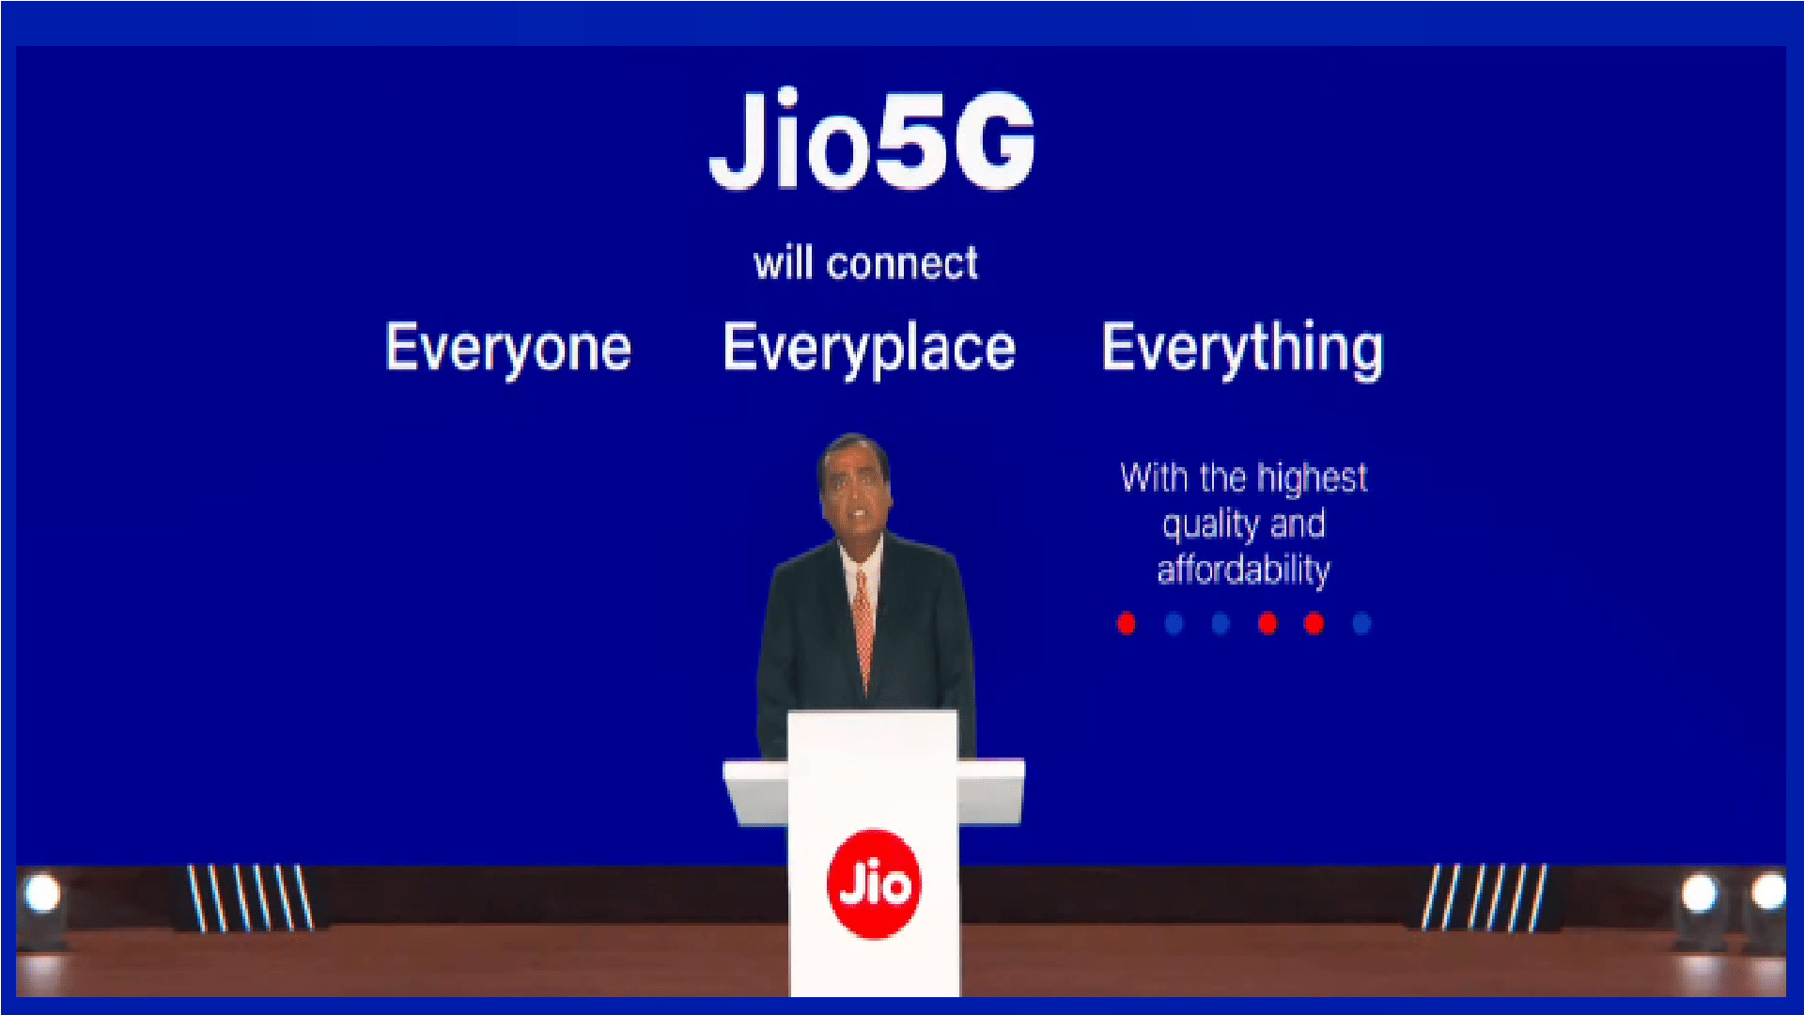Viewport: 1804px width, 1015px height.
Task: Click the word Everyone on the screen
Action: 507,348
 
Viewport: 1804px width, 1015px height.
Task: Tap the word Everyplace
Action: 869,348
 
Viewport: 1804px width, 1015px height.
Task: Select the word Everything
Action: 1242,348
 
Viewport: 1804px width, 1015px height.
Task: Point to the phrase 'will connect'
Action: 865,263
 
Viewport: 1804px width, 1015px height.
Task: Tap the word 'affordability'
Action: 1243,570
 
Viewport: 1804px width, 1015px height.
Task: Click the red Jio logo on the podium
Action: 874,883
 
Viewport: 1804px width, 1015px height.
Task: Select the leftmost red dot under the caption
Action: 1126,623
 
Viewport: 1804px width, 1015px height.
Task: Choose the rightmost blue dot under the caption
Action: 1361,623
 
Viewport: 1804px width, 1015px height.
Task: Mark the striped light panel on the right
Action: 1484,897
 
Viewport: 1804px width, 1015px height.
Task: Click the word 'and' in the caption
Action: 1298,524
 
